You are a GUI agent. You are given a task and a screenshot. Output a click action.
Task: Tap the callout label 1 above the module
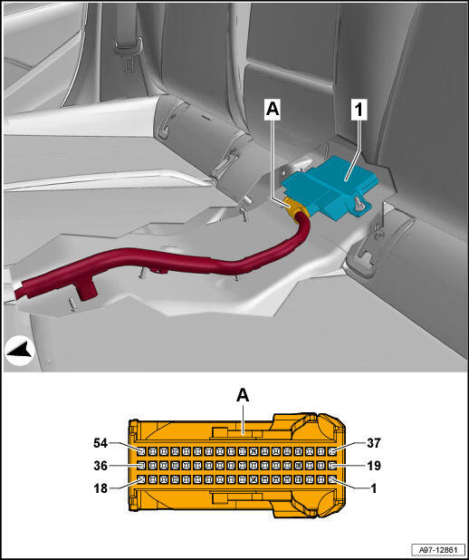(358, 110)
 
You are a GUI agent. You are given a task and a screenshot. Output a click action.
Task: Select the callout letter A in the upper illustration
(272, 110)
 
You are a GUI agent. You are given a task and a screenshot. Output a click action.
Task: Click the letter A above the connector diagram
(243, 395)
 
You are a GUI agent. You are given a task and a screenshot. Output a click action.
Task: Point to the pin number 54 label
(100, 443)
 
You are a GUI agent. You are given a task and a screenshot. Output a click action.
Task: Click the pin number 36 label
(100, 466)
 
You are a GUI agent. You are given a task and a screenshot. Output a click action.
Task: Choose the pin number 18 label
(100, 488)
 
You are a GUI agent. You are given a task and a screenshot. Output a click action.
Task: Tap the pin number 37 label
(374, 443)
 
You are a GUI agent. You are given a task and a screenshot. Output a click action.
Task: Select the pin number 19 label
(374, 466)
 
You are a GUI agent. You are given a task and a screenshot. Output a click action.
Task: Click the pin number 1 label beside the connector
(374, 488)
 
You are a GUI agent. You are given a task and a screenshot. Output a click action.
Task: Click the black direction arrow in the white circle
(20, 352)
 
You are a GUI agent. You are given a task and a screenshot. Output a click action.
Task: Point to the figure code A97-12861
(438, 549)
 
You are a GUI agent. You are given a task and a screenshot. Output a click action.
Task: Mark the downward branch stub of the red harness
(87, 290)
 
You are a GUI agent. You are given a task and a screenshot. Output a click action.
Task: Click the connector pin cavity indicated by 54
(142, 451)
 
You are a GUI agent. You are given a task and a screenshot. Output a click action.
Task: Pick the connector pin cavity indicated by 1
(332, 479)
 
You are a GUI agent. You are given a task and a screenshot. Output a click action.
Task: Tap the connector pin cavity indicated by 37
(332, 451)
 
